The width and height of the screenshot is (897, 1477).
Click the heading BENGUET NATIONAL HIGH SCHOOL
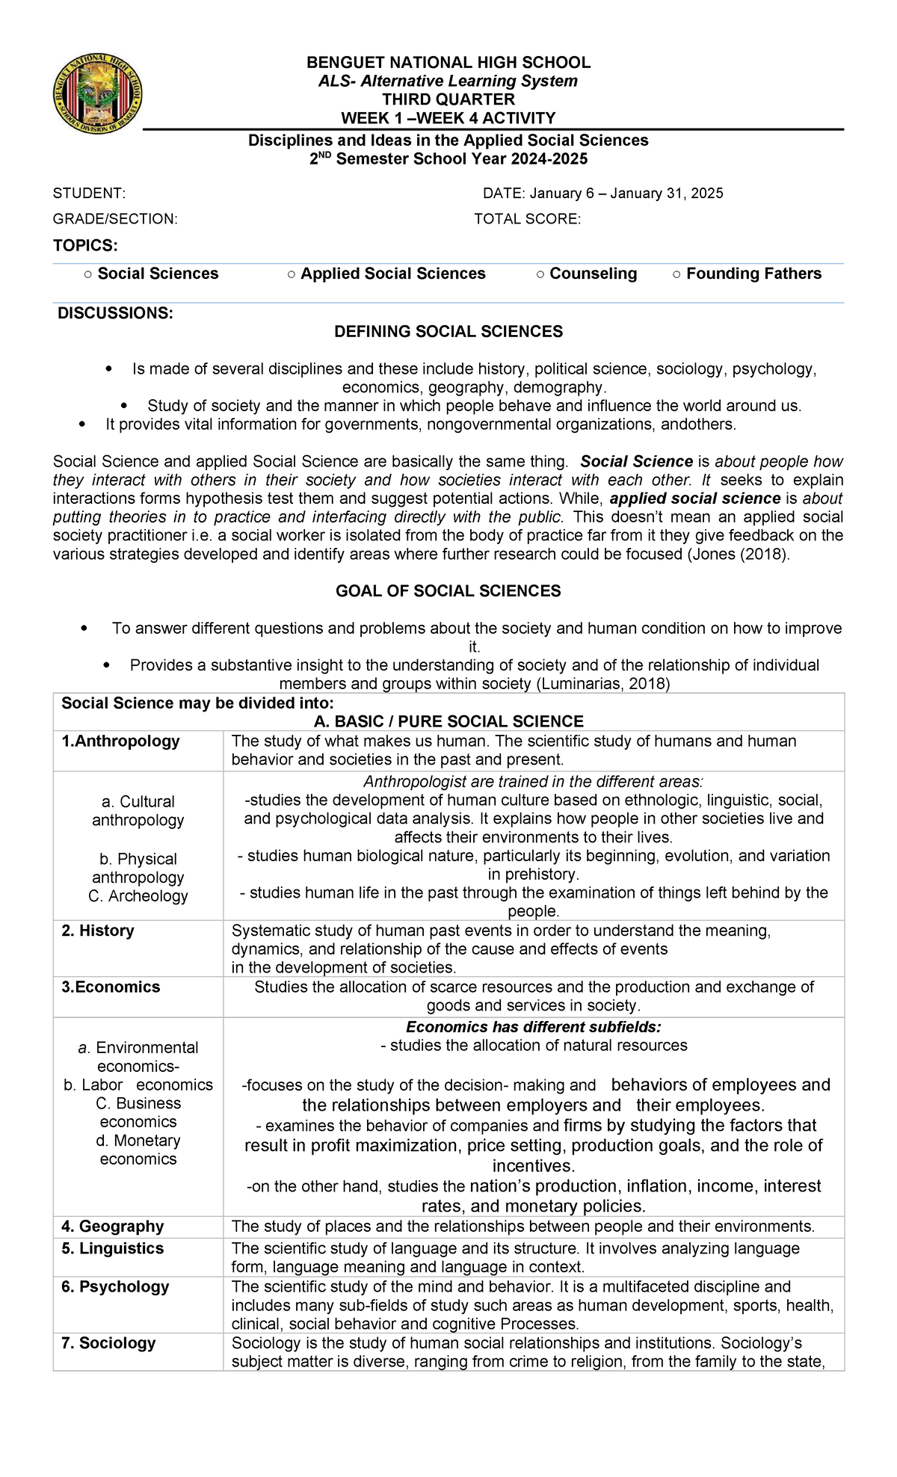click(449, 63)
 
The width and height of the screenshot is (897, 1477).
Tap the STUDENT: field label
click(89, 194)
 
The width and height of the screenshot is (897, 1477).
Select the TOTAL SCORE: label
click(527, 219)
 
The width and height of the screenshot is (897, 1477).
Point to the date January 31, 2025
click(667, 194)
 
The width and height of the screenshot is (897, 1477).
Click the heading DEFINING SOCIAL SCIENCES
click(449, 331)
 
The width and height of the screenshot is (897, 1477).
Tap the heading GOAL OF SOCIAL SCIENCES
click(449, 591)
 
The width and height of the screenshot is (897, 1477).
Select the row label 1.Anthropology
click(120, 741)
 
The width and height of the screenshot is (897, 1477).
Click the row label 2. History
click(97, 931)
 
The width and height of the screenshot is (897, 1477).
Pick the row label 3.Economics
click(111, 987)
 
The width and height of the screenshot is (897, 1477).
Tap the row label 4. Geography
click(112, 1226)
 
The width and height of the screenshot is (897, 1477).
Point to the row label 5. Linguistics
click(112, 1248)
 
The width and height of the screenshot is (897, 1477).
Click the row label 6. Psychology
click(115, 1286)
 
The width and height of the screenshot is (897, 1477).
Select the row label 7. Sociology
click(108, 1342)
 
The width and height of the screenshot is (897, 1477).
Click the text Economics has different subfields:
click(533, 1027)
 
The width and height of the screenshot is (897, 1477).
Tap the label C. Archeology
click(138, 895)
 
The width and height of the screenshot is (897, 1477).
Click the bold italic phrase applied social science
click(695, 499)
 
